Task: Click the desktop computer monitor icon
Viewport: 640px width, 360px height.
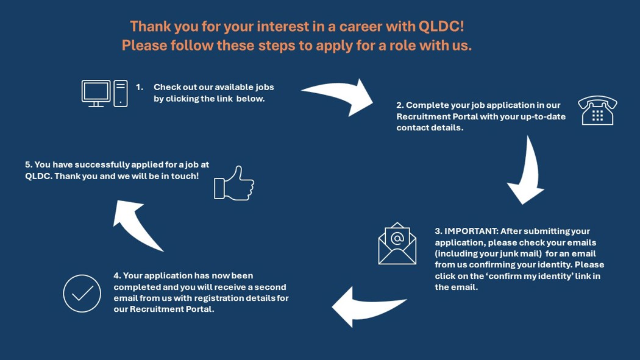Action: click(x=96, y=93)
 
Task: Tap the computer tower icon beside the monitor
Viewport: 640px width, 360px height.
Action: click(x=121, y=93)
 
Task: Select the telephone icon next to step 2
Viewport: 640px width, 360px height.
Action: click(x=597, y=110)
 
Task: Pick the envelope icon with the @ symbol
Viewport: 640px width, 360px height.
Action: click(x=397, y=244)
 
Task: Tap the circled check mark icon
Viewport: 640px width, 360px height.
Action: click(x=82, y=293)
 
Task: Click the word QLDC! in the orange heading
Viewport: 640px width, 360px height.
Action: click(x=441, y=27)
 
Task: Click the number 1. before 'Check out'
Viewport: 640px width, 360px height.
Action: click(x=140, y=87)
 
